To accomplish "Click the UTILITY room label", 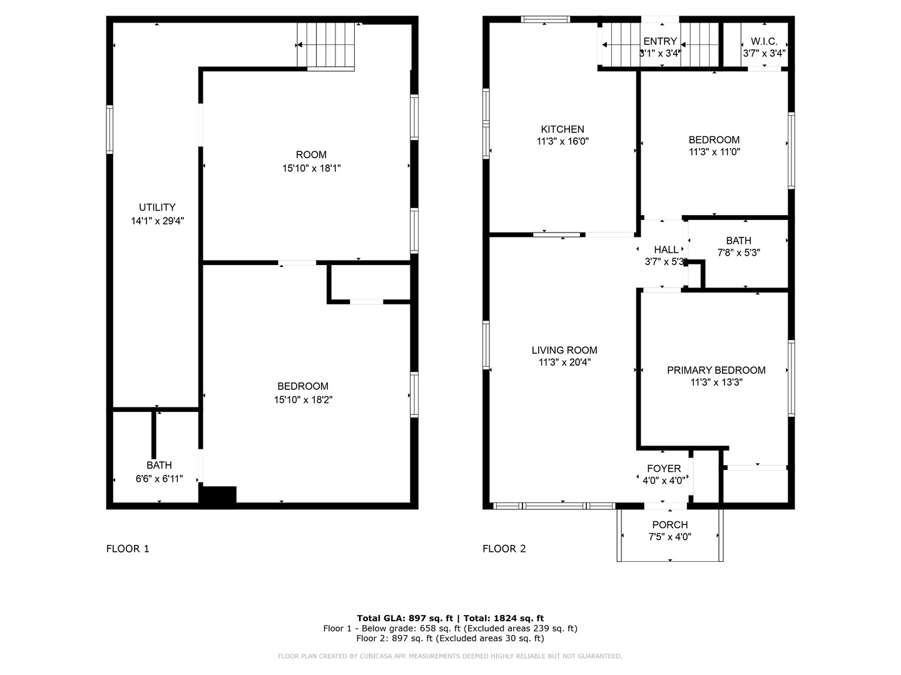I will point(157,207).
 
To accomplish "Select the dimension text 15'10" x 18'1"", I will point(311,168).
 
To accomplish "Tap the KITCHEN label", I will point(562,129).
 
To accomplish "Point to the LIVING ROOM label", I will point(564,351).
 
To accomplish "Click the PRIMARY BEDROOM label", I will point(716,370).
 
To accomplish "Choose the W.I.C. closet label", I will point(764,41).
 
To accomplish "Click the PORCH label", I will point(669,525).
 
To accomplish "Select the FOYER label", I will point(664,469).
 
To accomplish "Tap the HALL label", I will point(666,250).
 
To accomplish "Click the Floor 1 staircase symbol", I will point(327,45).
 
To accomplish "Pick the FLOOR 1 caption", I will point(128,549).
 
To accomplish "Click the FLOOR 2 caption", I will point(504,549).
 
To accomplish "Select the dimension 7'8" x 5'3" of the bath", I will point(738,253).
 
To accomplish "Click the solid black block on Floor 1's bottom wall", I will point(217,495).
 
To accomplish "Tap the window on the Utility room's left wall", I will point(109,129).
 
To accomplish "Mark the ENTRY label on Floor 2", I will point(660,41).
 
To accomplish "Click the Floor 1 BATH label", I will point(159,466).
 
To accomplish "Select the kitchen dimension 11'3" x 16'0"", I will point(562,142).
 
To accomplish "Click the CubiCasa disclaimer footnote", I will point(450,656).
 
